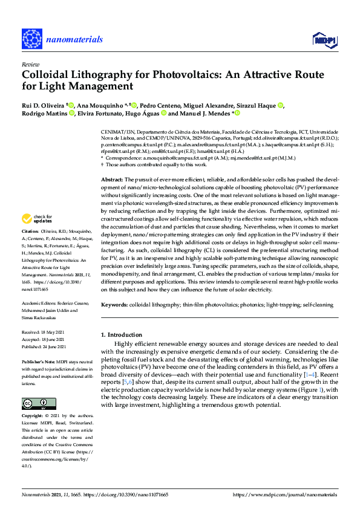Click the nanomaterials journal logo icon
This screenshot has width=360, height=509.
[31, 38]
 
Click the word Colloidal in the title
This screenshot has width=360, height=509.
[48, 74]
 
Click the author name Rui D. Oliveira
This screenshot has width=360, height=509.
[44, 105]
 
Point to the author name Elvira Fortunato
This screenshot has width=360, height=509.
[100, 113]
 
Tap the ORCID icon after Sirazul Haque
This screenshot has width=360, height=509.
[280, 105]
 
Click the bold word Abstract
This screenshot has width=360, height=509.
[112, 163]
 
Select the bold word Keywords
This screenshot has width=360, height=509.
[114, 306]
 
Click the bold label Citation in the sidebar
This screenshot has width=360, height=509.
[31, 232]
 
